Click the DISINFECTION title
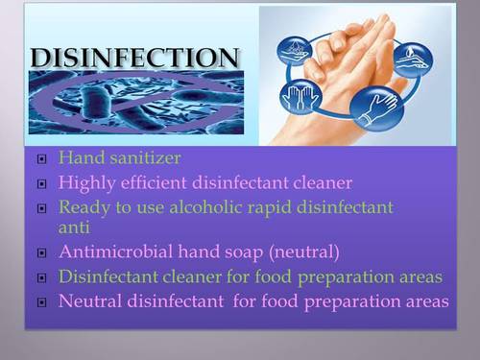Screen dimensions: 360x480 tap(134, 58)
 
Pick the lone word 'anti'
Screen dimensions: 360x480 tap(73, 228)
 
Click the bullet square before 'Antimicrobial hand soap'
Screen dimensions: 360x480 tap(40, 254)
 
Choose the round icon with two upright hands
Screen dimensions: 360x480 tap(298, 96)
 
